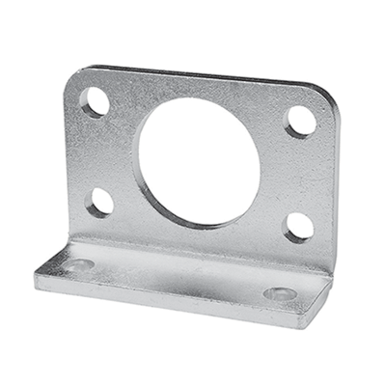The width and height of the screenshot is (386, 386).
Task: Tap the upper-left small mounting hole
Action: (95, 101)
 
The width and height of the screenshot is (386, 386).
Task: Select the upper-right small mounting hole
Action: (301, 121)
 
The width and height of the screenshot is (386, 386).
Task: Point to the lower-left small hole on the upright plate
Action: (99, 202)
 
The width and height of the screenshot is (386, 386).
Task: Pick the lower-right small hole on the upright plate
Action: (299, 227)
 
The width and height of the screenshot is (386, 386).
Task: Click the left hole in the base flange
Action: (77, 264)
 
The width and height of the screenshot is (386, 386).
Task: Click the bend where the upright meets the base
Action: (193, 253)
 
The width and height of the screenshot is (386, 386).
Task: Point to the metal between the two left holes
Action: (96, 152)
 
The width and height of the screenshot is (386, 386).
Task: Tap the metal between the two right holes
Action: (301, 174)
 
